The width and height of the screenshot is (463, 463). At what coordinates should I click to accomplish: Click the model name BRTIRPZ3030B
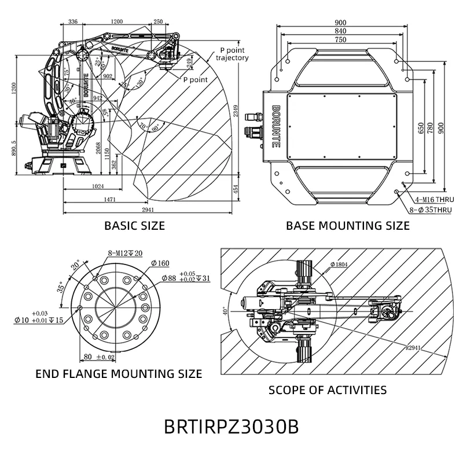pyautogui.click(x=231, y=427)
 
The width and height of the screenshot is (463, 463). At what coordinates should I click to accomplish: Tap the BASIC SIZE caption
pyautogui.click(x=134, y=226)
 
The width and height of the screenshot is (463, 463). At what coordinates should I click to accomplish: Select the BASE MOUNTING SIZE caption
pyautogui.click(x=348, y=226)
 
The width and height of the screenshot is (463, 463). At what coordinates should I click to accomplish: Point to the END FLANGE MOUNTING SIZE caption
pyautogui.click(x=119, y=373)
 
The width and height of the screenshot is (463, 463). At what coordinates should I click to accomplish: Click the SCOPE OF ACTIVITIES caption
pyautogui.click(x=328, y=389)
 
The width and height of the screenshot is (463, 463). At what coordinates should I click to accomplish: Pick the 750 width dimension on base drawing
pyautogui.click(x=341, y=39)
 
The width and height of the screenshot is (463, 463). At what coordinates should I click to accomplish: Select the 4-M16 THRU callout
pyautogui.click(x=429, y=199)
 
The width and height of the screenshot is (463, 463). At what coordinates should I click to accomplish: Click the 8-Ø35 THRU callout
pyautogui.click(x=429, y=210)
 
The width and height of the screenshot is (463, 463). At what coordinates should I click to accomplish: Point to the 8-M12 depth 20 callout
pyautogui.click(x=125, y=253)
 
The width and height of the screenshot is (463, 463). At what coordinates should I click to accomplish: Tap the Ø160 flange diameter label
pyautogui.click(x=160, y=263)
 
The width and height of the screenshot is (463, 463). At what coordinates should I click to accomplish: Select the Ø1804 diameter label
pyautogui.click(x=339, y=265)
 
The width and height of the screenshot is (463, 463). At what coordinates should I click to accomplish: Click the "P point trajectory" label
pyautogui.click(x=233, y=54)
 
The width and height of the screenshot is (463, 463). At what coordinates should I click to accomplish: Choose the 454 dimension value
pyautogui.click(x=236, y=189)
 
